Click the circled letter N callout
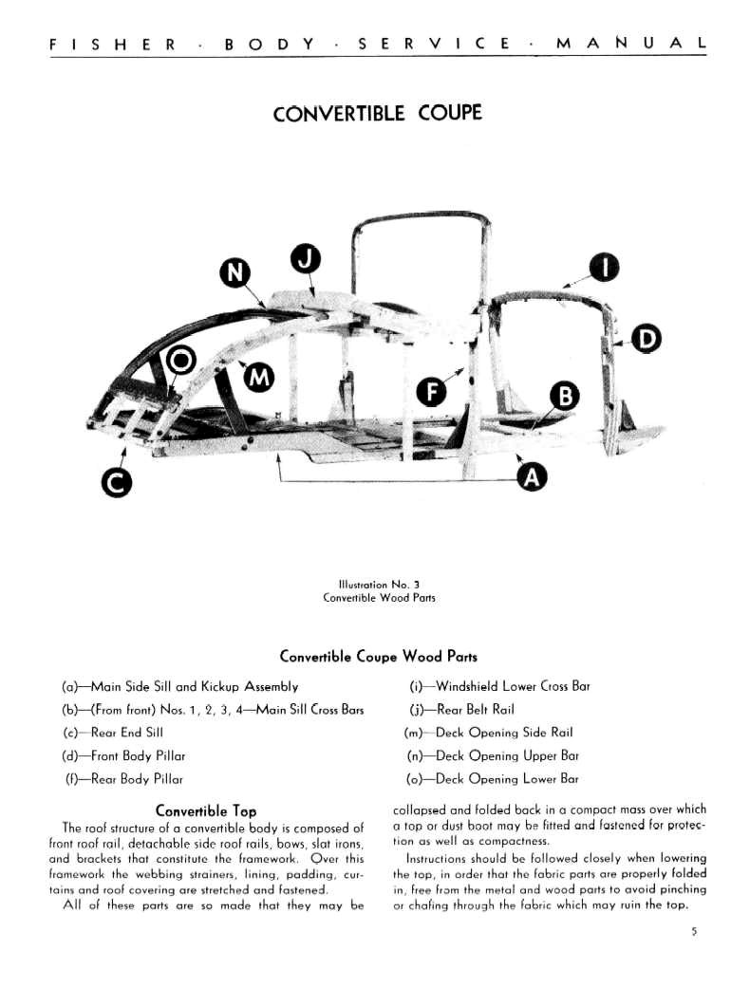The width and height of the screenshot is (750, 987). tap(234, 274)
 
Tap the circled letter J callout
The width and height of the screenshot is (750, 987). tap(305, 257)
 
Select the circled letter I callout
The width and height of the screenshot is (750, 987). tap(603, 269)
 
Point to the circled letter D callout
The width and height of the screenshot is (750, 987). tap(647, 339)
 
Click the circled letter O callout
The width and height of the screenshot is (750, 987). tap(182, 360)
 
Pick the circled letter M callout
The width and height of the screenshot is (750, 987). tap(258, 378)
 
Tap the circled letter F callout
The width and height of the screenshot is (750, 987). tap(432, 390)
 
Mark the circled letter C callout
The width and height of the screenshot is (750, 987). tap(116, 483)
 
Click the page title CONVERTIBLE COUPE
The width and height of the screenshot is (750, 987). tap(377, 114)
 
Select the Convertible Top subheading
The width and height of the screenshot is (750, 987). tap(206, 811)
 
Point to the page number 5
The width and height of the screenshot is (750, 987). tap(694, 932)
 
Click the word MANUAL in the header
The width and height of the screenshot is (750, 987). tap(630, 44)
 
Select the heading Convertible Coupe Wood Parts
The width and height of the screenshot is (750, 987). tap(378, 657)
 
